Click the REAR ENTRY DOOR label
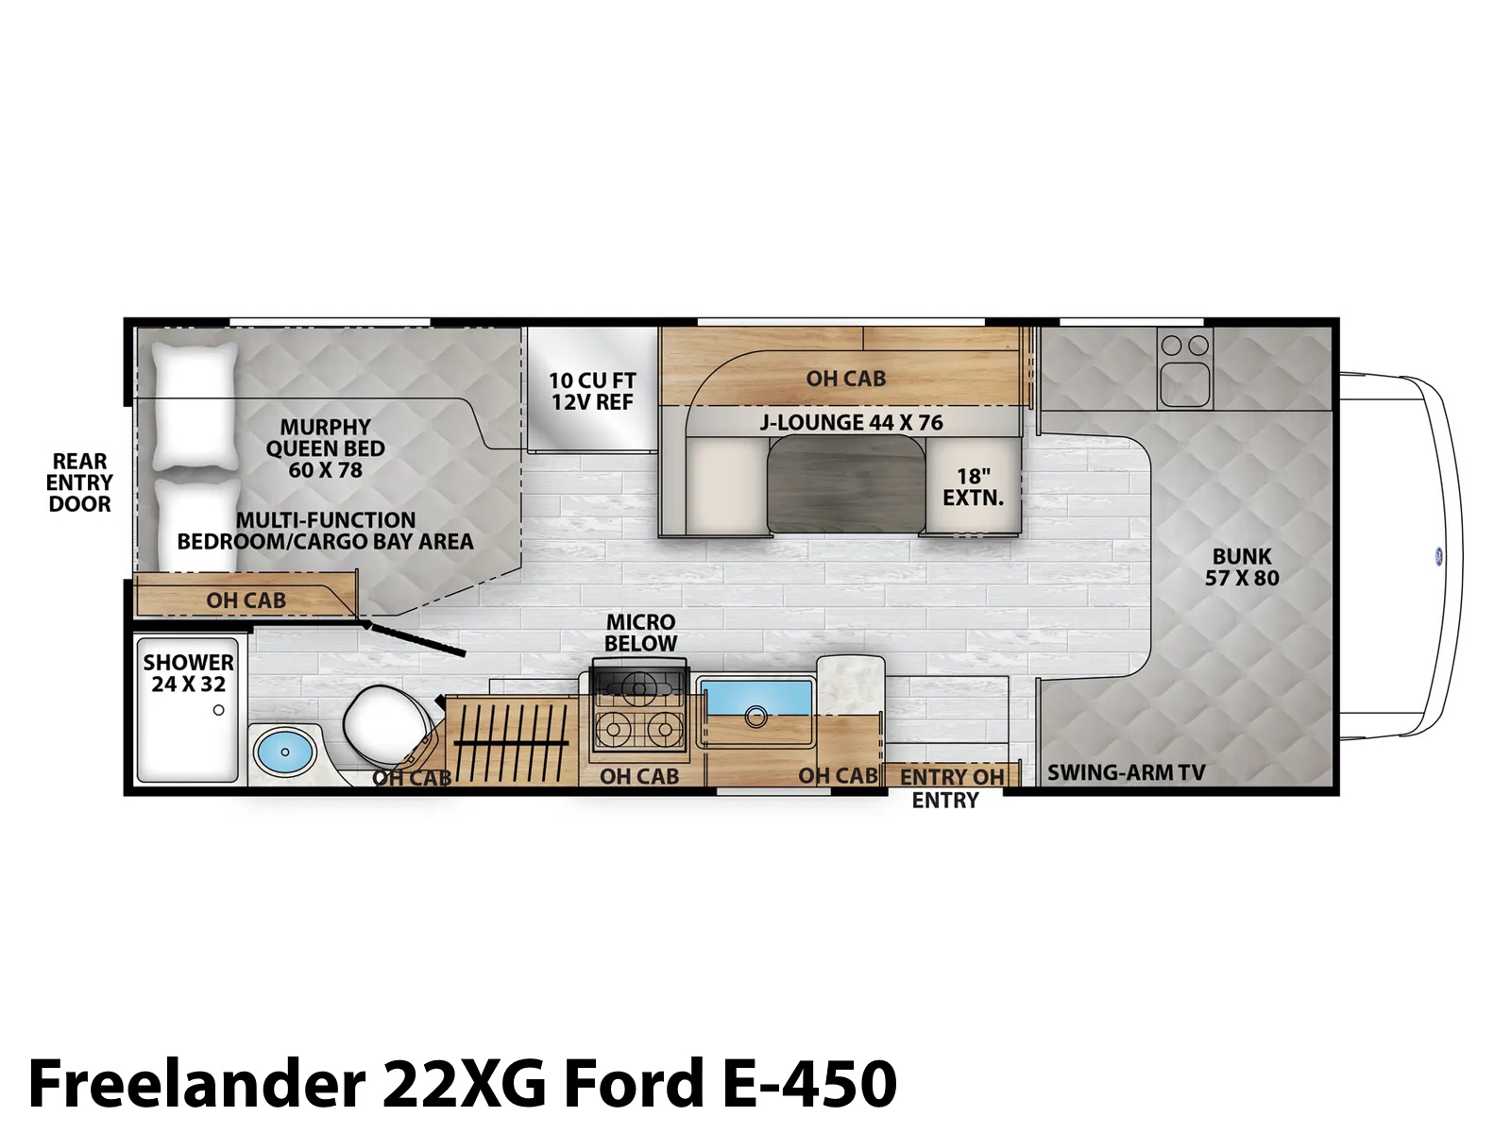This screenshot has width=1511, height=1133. [79, 482]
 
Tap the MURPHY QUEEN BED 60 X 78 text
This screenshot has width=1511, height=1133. [326, 448]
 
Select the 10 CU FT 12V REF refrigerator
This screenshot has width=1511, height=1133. [592, 390]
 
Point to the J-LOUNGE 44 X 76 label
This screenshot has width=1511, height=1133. [851, 422]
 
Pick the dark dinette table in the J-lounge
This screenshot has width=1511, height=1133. [847, 483]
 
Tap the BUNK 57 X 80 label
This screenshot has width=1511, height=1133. [1242, 566]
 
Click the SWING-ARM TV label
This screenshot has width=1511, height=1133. [1127, 773]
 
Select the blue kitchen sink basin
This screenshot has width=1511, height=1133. [755, 699]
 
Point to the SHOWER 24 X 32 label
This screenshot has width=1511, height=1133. [189, 673]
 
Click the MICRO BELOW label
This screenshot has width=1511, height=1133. [641, 633]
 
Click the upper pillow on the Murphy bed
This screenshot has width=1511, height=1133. [195, 406]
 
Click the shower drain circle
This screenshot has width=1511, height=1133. [219, 710]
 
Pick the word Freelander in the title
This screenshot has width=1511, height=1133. [196, 1083]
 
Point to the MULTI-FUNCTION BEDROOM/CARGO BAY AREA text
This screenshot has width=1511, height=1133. [326, 531]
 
